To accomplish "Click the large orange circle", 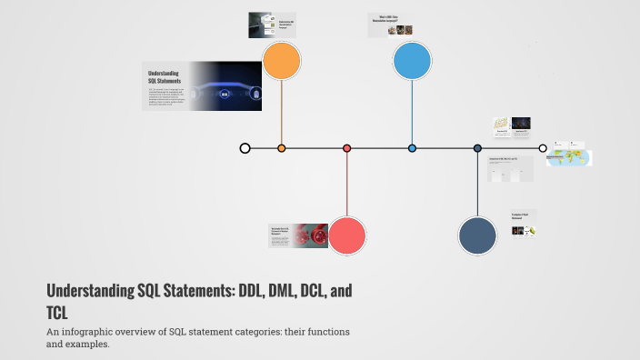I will point(281,62).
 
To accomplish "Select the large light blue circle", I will point(412,62).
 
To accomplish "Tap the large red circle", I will point(346,235).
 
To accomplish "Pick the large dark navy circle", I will point(477,235).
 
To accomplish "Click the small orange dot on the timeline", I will point(281,148).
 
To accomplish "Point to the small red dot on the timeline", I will point(346,148).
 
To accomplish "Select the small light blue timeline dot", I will point(412,148).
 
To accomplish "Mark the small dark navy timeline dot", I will point(477,148).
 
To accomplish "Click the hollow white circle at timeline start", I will point(245,148).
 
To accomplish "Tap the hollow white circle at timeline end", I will point(543,148).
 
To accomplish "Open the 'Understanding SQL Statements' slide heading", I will point(163,76).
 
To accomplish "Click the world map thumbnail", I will point(569,157).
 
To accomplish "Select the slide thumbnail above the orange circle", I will point(273,25).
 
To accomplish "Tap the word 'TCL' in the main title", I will point(60,313).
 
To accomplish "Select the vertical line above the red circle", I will point(346,186).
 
